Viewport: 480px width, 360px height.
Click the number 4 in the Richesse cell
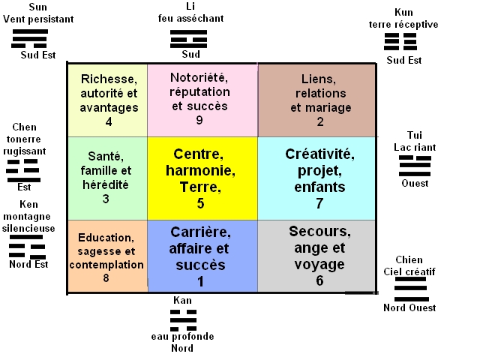click(x=109, y=122)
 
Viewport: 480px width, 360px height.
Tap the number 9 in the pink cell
click(x=199, y=120)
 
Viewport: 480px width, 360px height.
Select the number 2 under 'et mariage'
click(x=320, y=122)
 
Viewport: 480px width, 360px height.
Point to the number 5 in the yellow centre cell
click(x=200, y=202)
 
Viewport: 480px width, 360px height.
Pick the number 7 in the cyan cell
click(x=319, y=203)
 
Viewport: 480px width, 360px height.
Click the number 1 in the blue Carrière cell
click(x=200, y=280)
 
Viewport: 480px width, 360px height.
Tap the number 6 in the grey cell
click(x=319, y=280)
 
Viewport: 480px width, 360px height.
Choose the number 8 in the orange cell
click(x=106, y=278)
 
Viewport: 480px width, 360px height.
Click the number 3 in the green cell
click(x=106, y=199)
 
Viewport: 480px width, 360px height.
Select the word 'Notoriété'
click(x=199, y=78)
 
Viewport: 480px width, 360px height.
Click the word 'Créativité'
click(x=319, y=154)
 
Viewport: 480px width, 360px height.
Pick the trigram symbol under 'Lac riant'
click(x=415, y=166)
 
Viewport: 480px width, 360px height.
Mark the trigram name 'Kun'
click(x=403, y=13)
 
